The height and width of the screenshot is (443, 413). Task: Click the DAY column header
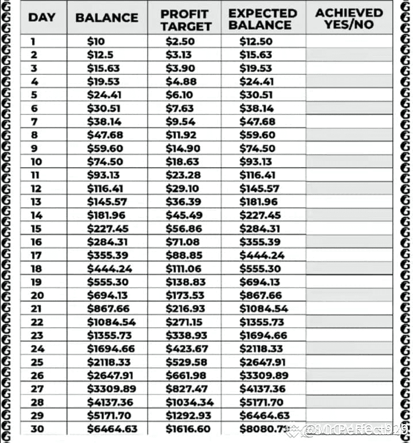(x=41, y=17)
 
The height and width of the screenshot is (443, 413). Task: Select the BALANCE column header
(x=106, y=17)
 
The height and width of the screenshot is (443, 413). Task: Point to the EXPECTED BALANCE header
(x=263, y=19)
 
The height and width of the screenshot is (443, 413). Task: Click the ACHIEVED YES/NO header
(x=349, y=18)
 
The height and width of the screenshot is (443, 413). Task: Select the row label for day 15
(x=36, y=229)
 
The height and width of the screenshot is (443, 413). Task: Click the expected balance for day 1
(x=256, y=41)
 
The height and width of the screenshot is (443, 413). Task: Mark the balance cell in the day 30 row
(x=112, y=429)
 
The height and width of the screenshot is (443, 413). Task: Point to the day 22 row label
(x=37, y=322)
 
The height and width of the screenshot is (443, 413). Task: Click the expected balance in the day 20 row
(x=261, y=295)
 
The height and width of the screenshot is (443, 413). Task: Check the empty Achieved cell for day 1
(x=349, y=41)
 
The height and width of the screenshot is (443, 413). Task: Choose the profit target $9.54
(x=181, y=122)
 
